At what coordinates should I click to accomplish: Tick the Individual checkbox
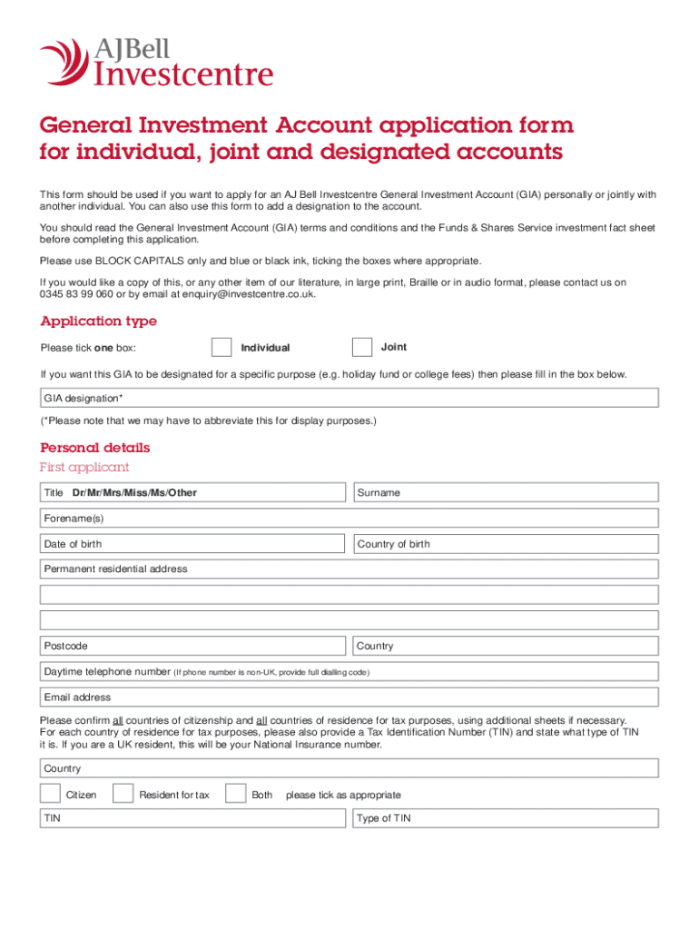pyautogui.click(x=222, y=348)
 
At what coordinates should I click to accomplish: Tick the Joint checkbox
pyautogui.click(x=362, y=348)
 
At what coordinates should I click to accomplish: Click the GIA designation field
pyautogui.click(x=349, y=399)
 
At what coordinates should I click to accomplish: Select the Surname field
pyautogui.click(x=506, y=492)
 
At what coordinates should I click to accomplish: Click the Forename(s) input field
pyautogui.click(x=349, y=519)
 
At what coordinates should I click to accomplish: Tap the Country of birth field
pyautogui.click(x=506, y=544)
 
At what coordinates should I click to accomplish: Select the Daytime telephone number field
pyautogui.click(x=349, y=672)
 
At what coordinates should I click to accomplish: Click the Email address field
pyautogui.click(x=349, y=697)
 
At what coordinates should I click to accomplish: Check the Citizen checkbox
pyautogui.click(x=52, y=794)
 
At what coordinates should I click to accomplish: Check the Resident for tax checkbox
pyautogui.click(x=123, y=794)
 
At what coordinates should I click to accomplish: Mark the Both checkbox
pyautogui.click(x=236, y=794)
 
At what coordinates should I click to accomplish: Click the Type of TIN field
pyautogui.click(x=506, y=818)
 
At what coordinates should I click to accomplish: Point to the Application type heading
pyautogui.click(x=98, y=322)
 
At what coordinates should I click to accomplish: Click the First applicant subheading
pyautogui.click(x=84, y=468)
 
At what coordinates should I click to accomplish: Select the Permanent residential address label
pyautogui.click(x=115, y=569)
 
